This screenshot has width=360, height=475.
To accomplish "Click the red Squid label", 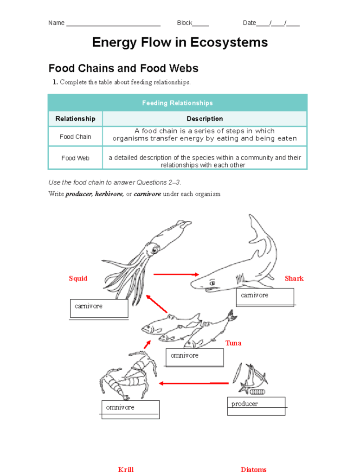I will pos(78,278).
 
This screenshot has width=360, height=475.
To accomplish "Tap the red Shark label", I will pos(294,278).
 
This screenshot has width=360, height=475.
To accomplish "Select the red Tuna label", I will pos(233,343).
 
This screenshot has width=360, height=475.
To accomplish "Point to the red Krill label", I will pos(126,469).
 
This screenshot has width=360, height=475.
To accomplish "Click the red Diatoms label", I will pos(253,469).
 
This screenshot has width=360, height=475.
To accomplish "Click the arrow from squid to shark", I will pos(176,275).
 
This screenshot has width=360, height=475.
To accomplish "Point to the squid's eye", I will pos(154,250).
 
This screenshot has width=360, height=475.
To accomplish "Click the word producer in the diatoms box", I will pos(244,404).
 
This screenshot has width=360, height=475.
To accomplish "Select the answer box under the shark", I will pos(265,297).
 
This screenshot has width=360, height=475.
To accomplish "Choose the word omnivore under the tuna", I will pos(184,356).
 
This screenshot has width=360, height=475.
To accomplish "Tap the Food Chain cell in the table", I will pos(75,137).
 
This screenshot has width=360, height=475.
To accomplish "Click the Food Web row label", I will pos(75,158).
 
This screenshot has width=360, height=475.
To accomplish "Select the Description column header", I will pos(205,119).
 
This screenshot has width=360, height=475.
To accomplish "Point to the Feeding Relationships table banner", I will pos(177,103).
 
